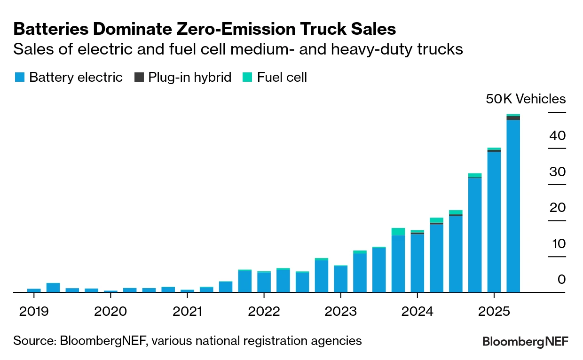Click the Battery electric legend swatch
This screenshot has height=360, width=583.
pyautogui.click(x=19, y=78)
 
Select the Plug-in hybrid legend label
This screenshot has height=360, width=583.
pyautogui.click(x=190, y=78)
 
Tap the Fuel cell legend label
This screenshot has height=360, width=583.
pyautogui.click(x=282, y=78)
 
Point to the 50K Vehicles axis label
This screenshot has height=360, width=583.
pyautogui.click(x=526, y=99)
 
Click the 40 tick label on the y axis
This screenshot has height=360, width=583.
pyautogui.click(x=557, y=136)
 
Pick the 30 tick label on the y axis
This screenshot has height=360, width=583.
pyautogui.click(x=557, y=172)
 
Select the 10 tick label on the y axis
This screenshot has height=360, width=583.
pyautogui.click(x=557, y=244)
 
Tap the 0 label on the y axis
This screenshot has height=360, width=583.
pyautogui.click(x=561, y=280)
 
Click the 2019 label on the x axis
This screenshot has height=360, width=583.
pyautogui.click(x=34, y=311)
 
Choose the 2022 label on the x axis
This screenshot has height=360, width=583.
pyautogui.click(x=264, y=311)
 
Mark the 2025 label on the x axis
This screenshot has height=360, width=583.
pyautogui.click(x=494, y=311)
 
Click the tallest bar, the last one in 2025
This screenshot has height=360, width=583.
pyautogui.click(x=513, y=207)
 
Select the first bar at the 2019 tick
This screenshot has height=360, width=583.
pyautogui.click(x=34, y=290)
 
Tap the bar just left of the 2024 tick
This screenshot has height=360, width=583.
pyautogui.click(x=398, y=263)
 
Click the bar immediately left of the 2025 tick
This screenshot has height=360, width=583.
pyautogui.click(x=475, y=235)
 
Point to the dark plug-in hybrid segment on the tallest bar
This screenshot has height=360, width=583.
pyautogui.click(x=513, y=118)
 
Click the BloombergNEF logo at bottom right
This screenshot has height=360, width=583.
pyautogui.click(x=525, y=342)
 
